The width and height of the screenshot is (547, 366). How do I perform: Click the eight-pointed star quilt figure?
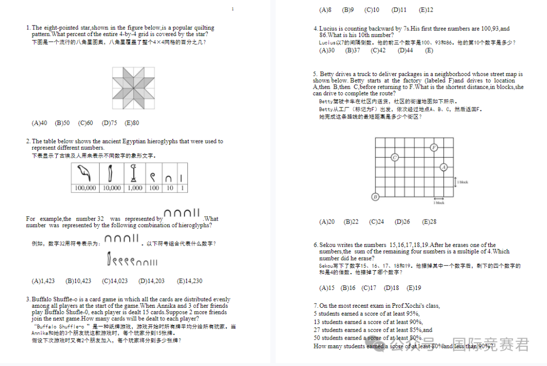133,87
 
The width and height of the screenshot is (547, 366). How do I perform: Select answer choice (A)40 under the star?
40,123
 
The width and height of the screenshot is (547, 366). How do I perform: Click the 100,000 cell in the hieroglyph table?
85,188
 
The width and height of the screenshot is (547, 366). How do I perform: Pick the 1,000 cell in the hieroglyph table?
134,188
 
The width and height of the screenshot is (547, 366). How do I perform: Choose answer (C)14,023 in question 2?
115,281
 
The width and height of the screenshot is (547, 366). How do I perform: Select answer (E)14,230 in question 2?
190,281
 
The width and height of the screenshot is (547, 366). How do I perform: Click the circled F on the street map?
434,148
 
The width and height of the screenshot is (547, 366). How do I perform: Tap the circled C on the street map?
395,158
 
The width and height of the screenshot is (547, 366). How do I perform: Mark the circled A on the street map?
444,167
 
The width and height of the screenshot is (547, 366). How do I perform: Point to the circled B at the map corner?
375,197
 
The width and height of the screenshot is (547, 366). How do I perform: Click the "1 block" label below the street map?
439,203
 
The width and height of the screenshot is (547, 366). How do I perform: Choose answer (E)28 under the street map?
429,222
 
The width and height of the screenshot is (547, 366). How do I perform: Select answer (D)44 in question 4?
405,50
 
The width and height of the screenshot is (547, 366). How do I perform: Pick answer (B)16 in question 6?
348,288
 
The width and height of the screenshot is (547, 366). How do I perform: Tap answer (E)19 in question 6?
414,288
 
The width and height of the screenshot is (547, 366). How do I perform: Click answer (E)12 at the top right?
426,10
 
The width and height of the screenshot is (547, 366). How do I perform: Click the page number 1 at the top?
232,9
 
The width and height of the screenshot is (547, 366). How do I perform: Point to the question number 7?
316,306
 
